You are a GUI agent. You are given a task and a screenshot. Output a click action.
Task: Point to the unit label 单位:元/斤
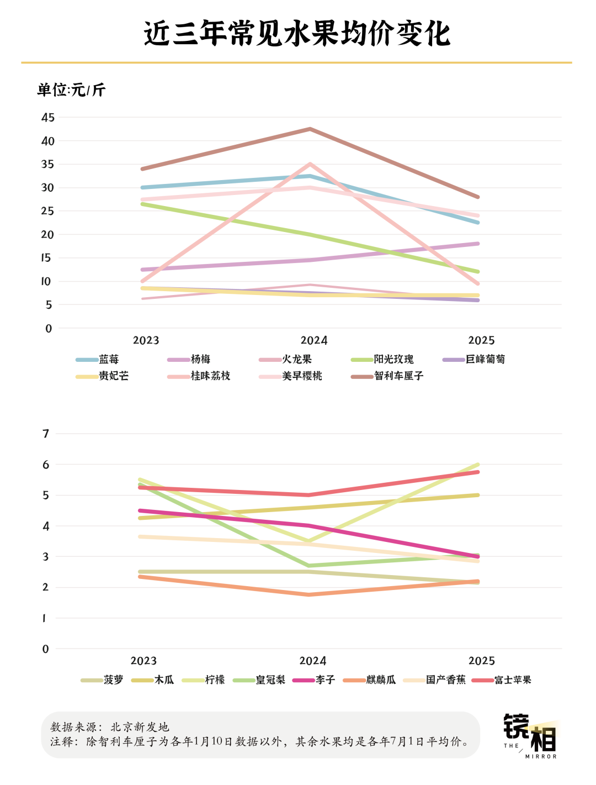(x=71, y=90)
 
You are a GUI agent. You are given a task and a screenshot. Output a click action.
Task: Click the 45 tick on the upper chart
(x=48, y=117)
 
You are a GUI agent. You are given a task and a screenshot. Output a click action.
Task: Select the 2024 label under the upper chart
(x=313, y=340)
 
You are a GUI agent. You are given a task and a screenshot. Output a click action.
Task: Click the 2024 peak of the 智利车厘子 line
(x=310, y=129)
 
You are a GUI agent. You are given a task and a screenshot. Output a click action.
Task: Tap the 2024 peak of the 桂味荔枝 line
(x=311, y=164)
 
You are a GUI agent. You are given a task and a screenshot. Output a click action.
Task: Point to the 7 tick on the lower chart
(x=46, y=434)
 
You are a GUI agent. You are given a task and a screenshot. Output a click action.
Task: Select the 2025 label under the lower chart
(x=481, y=661)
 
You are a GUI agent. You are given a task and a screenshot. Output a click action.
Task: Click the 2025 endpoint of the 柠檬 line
(x=478, y=465)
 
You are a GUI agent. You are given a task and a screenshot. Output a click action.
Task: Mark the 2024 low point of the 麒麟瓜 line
(x=310, y=594)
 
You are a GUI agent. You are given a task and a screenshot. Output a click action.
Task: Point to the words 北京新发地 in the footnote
(x=140, y=727)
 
